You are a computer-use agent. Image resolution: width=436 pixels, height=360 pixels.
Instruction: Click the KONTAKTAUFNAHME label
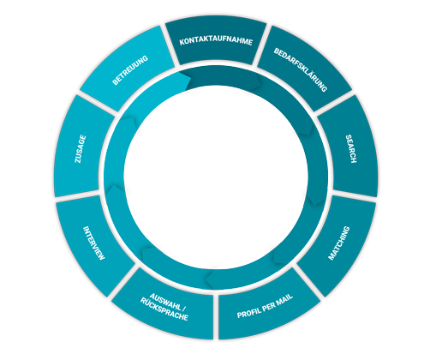coord(216,41)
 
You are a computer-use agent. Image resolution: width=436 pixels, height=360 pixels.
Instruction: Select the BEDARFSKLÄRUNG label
coord(300,69)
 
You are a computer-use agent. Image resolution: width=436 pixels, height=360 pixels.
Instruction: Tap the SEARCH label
coord(351,149)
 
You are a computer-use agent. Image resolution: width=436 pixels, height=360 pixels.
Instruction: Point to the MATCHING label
coord(339,243)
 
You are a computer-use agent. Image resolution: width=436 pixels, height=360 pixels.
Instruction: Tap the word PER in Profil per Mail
coord(268,306)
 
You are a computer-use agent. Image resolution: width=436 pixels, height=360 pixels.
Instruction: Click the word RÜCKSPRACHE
coord(164,309)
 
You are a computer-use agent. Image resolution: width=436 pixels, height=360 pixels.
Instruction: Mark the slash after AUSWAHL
coord(184,309)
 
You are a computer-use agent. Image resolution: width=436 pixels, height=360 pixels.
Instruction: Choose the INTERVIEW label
coord(94,243)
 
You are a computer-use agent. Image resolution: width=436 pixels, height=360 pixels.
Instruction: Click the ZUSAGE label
coord(81,149)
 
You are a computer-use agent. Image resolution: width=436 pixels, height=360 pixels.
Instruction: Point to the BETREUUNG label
coord(130,70)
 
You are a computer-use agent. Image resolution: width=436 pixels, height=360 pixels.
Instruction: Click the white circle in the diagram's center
coord(216,177)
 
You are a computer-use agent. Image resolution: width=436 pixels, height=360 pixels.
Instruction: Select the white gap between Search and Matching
coord(354,196)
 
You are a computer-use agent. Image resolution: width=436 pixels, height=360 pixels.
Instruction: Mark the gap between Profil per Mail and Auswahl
coord(216,316)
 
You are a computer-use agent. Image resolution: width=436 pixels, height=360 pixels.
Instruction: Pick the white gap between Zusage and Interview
coord(78,196)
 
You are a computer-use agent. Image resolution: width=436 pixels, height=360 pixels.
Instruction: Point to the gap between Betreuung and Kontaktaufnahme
coord(170,45)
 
